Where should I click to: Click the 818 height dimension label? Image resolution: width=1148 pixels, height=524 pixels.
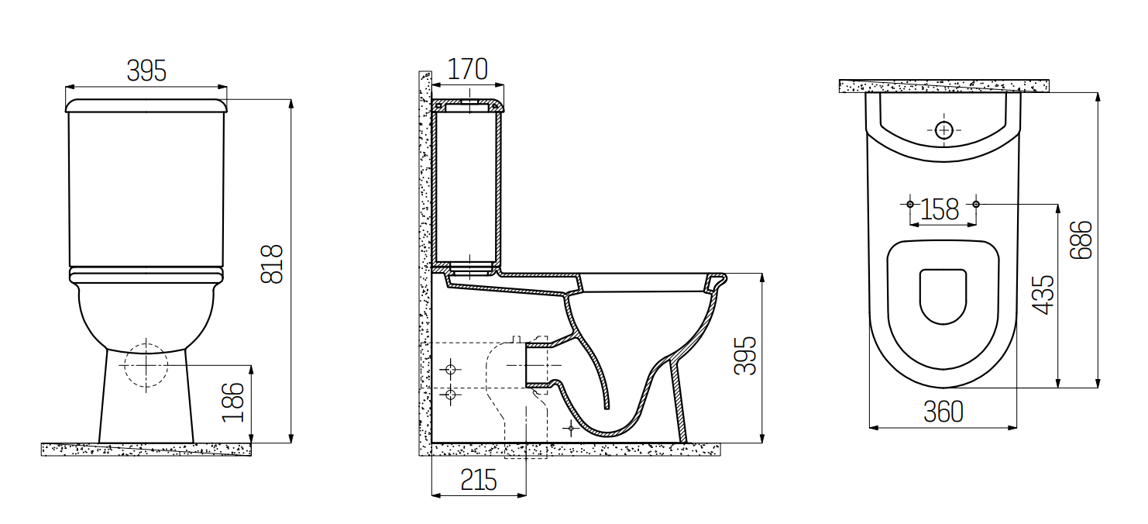272,264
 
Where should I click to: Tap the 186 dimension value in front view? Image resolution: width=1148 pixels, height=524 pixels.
232,402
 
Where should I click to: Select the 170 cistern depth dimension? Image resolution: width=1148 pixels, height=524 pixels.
467,69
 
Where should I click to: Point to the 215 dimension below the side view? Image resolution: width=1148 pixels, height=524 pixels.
479,481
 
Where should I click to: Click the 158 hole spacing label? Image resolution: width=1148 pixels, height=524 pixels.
940,210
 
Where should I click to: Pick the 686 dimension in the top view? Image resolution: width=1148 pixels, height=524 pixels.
1081,240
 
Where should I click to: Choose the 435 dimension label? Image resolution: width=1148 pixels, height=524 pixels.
1043,295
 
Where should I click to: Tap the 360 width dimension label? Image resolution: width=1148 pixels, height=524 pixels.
943,412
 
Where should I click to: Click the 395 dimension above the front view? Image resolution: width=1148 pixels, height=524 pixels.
146,71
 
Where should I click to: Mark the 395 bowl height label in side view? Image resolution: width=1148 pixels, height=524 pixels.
745,356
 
